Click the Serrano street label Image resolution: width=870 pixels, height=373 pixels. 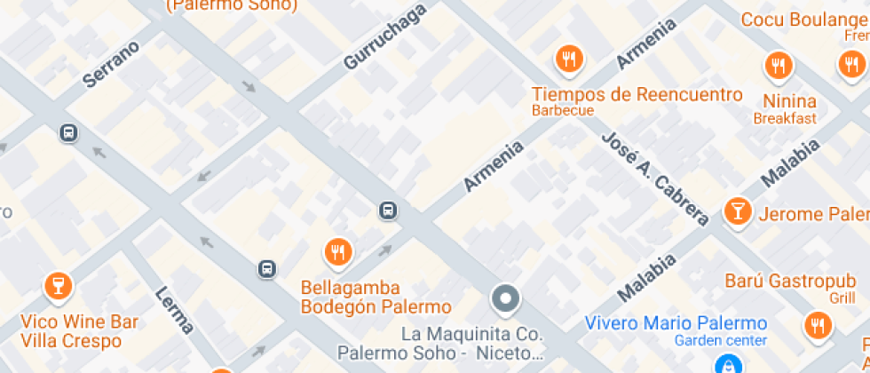tap(112, 64)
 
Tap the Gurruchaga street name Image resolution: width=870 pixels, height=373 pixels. tap(384, 36)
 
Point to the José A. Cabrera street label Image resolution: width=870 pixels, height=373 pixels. tap(654, 179)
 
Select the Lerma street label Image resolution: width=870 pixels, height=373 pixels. tap(174, 310)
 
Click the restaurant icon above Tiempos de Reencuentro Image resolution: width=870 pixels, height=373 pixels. tap(568, 60)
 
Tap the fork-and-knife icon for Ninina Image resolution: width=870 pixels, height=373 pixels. tap(779, 65)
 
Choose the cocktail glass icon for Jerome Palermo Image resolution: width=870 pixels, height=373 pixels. tap(737, 210)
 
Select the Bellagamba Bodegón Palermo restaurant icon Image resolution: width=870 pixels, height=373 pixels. tap(336, 251)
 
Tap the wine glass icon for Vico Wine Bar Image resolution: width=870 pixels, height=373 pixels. tap(58, 285)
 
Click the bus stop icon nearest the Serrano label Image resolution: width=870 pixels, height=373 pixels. tap(67, 133)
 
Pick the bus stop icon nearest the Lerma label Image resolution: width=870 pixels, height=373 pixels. tap(266, 268)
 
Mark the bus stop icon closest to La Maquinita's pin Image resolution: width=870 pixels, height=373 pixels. tap(388, 210)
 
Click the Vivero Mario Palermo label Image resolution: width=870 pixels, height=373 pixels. tap(675, 322)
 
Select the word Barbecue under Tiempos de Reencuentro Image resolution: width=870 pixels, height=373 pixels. tap(562, 111)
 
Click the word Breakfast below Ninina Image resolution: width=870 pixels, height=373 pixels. tap(784, 118)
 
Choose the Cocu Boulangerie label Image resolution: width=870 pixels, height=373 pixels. tap(804, 20)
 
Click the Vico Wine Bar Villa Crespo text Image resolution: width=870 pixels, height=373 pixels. tap(79, 329)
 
